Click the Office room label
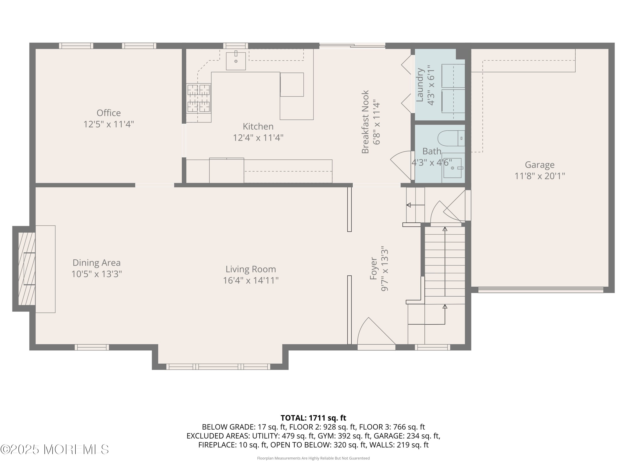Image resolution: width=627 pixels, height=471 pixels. (x=108, y=113)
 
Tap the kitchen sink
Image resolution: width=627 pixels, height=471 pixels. (x=236, y=61)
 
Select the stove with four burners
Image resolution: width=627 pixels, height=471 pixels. (x=198, y=99)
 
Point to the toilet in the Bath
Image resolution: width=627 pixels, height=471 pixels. (x=451, y=138)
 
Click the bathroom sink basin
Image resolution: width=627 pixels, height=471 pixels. (x=452, y=168)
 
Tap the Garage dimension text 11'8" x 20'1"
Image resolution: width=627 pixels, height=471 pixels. (x=540, y=176)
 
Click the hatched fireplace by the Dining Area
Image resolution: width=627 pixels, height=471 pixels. (x=27, y=269)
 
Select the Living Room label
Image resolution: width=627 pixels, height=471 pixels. (x=251, y=269)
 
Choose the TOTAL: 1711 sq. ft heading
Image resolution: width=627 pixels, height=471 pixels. (x=313, y=418)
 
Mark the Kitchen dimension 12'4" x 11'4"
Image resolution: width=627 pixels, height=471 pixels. (x=258, y=138)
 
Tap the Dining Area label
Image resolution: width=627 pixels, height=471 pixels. (x=96, y=263)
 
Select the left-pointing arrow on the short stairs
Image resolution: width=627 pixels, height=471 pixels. (x=415, y=205)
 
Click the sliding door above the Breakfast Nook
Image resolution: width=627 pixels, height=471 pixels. (x=352, y=46)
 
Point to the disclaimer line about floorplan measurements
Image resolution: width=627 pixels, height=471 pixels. (x=313, y=458)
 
